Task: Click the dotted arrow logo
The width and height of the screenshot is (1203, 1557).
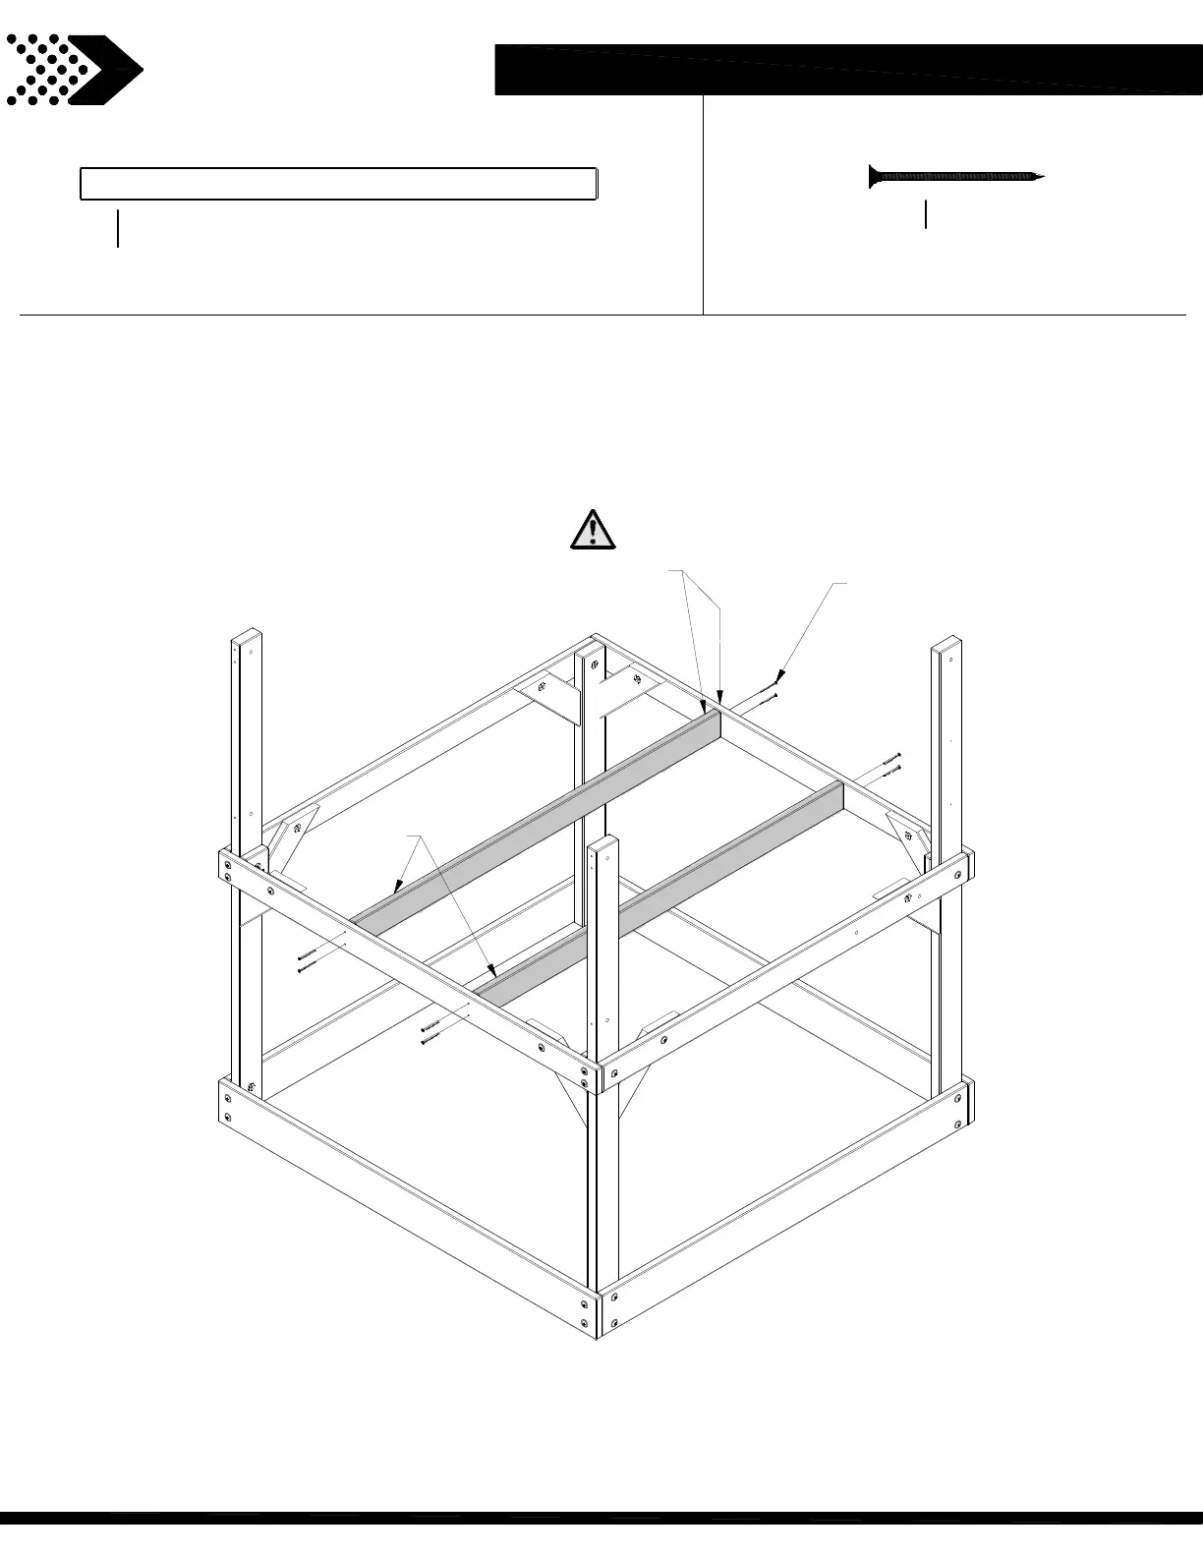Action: (x=74, y=70)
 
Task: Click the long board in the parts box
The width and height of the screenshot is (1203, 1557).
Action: (x=338, y=184)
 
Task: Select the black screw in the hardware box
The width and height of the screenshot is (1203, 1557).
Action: (x=955, y=177)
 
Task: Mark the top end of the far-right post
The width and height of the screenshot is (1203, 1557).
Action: (x=946, y=645)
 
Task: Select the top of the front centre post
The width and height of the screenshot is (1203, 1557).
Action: (x=604, y=843)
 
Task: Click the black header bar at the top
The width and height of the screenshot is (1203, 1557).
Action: (x=847, y=70)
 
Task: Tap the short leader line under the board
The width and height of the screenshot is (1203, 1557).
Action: (x=118, y=228)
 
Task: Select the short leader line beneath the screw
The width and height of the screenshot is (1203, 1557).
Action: (x=926, y=214)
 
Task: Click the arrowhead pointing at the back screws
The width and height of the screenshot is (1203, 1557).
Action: (x=780, y=677)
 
